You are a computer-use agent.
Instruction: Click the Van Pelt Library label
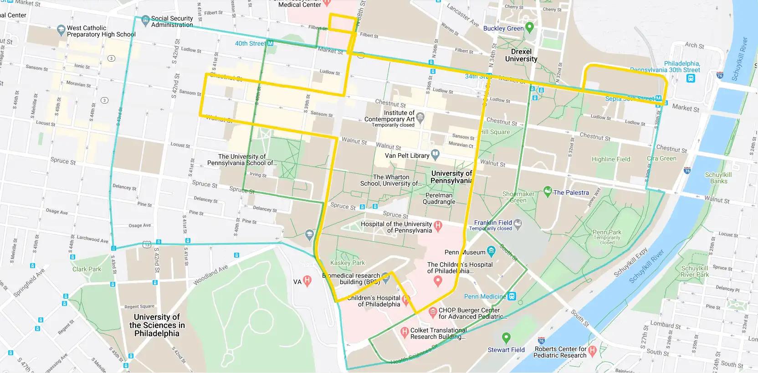pyautogui.click(x=407, y=155)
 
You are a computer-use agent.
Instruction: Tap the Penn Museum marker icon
pyautogui.click(x=491, y=251)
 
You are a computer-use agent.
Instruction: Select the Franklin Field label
pyautogui.click(x=493, y=223)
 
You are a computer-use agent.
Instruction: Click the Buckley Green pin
pyautogui.click(x=529, y=27)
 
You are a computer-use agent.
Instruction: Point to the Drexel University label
pyautogui.click(x=521, y=55)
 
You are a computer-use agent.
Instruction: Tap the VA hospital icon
pyautogui.click(x=307, y=281)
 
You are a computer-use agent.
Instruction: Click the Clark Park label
pyautogui.click(x=87, y=269)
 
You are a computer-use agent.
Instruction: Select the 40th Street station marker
pyautogui.click(x=270, y=43)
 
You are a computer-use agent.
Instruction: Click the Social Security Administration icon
pyautogui.click(x=145, y=20)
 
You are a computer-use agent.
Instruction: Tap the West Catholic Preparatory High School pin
pyautogui.click(x=61, y=31)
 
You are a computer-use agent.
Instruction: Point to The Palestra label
pyautogui.click(x=571, y=192)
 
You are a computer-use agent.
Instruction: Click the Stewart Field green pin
pyautogui.click(x=506, y=338)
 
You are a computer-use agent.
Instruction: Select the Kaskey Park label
pyautogui.click(x=348, y=263)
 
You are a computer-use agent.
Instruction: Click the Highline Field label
pyautogui.click(x=611, y=159)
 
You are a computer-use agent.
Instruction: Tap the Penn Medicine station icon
pyautogui.click(x=512, y=296)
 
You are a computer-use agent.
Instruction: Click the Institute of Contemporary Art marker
pyautogui.click(x=420, y=116)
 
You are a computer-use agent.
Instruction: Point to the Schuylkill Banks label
pyautogui.click(x=718, y=178)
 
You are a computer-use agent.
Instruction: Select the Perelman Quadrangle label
pyautogui.click(x=439, y=198)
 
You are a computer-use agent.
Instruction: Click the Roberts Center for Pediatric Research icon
pyautogui.click(x=592, y=351)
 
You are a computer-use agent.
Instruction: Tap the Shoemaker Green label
pyautogui.click(x=518, y=197)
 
